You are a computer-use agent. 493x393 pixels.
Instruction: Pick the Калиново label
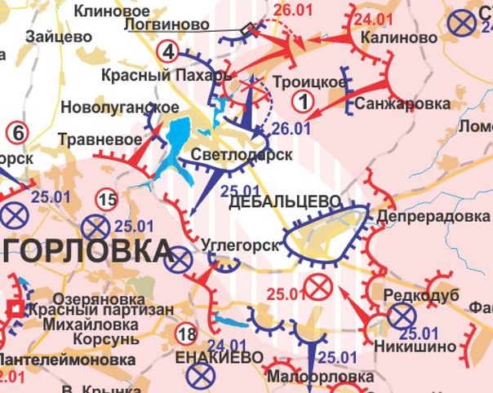pos(392,38)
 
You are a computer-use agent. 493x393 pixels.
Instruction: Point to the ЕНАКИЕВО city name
pos(220,359)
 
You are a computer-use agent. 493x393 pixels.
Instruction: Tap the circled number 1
pos(303,102)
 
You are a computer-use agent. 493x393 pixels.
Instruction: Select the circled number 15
pos(106,198)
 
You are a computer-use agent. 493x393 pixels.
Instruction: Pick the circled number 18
pos(186,333)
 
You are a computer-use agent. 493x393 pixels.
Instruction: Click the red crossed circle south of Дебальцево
pos(316,286)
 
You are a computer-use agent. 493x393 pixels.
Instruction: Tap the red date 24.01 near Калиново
pos(374,17)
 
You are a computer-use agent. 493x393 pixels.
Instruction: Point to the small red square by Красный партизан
pos(15,309)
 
